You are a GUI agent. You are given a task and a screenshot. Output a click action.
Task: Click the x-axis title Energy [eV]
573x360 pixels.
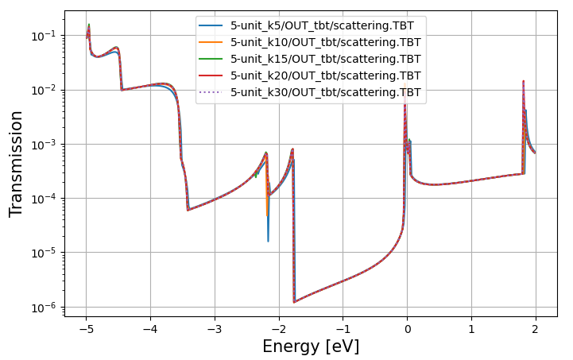[x=311, y=346]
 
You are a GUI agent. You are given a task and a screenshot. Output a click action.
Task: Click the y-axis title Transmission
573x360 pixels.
[x=17, y=164]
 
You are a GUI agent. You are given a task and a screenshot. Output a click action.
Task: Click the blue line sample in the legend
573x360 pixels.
[x=211, y=25]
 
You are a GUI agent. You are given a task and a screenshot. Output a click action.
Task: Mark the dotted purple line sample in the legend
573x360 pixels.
[x=211, y=92]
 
